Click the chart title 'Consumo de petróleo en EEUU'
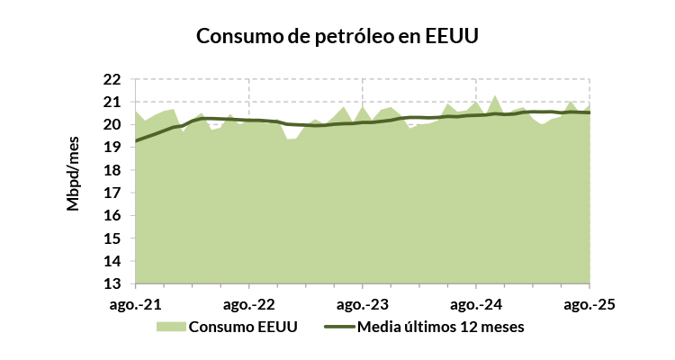pyautogui.click(x=337, y=37)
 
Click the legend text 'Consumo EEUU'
pyautogui.click(x=243, y=326)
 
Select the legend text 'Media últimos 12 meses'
pyautogui.click(x=440, y=326)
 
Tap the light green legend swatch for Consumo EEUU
pyautogui.click(x=170, y=326)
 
